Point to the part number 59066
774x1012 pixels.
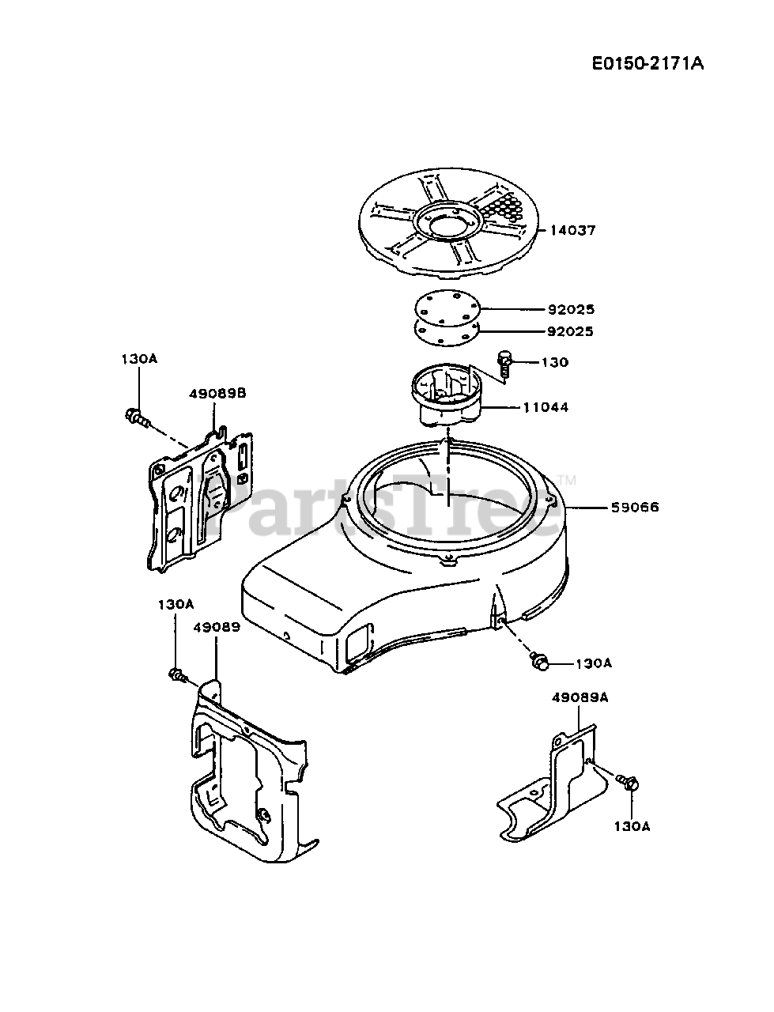tap(635, 508)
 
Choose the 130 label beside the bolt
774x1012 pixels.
tap(555, 362)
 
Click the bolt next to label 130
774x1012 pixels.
tap(505, 364)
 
